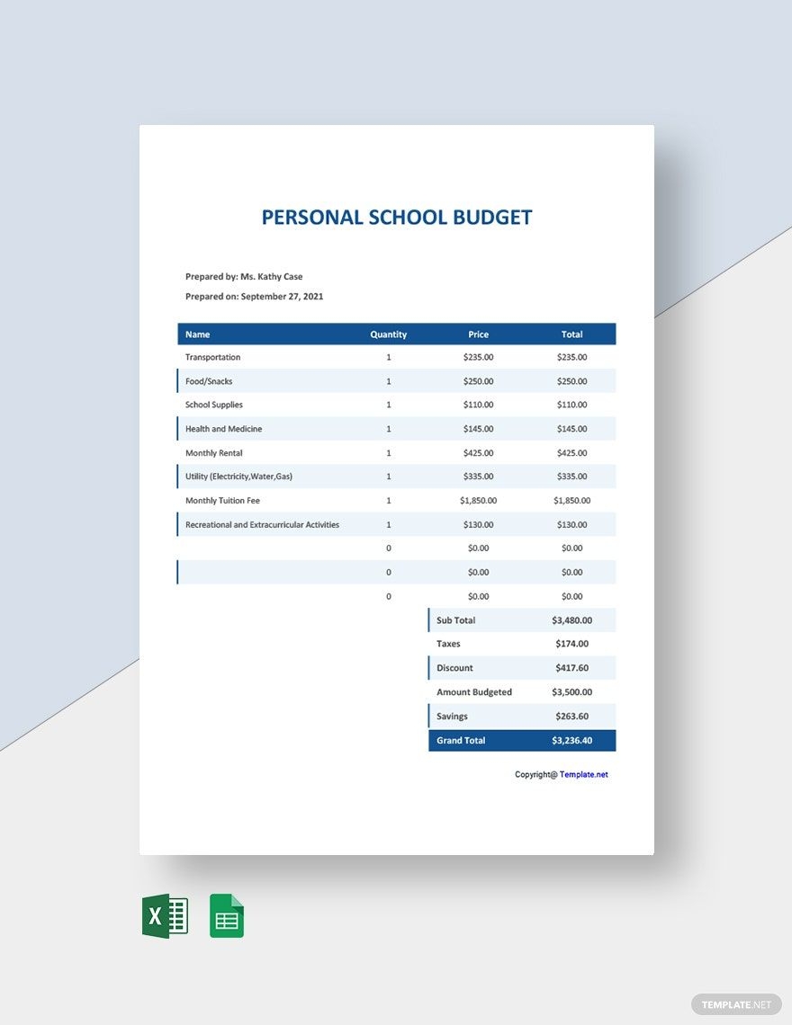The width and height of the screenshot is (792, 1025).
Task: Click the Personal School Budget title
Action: (397, 218)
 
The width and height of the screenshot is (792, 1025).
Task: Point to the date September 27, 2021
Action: (282, 297)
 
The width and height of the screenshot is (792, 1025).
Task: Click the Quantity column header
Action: (389, 334)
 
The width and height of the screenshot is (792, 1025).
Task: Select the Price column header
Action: (478, 334)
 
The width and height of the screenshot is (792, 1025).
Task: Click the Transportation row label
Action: (213, 358)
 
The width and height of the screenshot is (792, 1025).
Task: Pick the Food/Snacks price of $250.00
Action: (478, 381)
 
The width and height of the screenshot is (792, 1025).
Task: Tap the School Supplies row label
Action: (214, 406)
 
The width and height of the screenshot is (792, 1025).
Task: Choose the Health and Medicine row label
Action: (224, 429)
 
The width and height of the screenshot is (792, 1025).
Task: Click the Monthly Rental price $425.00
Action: (478, 453)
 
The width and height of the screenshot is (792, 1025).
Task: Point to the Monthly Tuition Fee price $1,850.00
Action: (478, 501)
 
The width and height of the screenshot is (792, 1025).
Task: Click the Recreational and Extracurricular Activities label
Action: (263, 525)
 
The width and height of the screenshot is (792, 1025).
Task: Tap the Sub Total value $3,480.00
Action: (571, 620)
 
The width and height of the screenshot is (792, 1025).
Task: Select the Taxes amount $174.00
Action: (571, 644)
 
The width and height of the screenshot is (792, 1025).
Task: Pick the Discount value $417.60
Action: (571, 668)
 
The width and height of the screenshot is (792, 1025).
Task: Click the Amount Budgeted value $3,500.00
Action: (571, 692)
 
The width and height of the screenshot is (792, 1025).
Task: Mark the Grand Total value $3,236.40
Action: (571, 741)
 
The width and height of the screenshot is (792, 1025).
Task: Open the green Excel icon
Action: (165, 916)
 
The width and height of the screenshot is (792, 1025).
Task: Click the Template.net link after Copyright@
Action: (583, 774)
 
